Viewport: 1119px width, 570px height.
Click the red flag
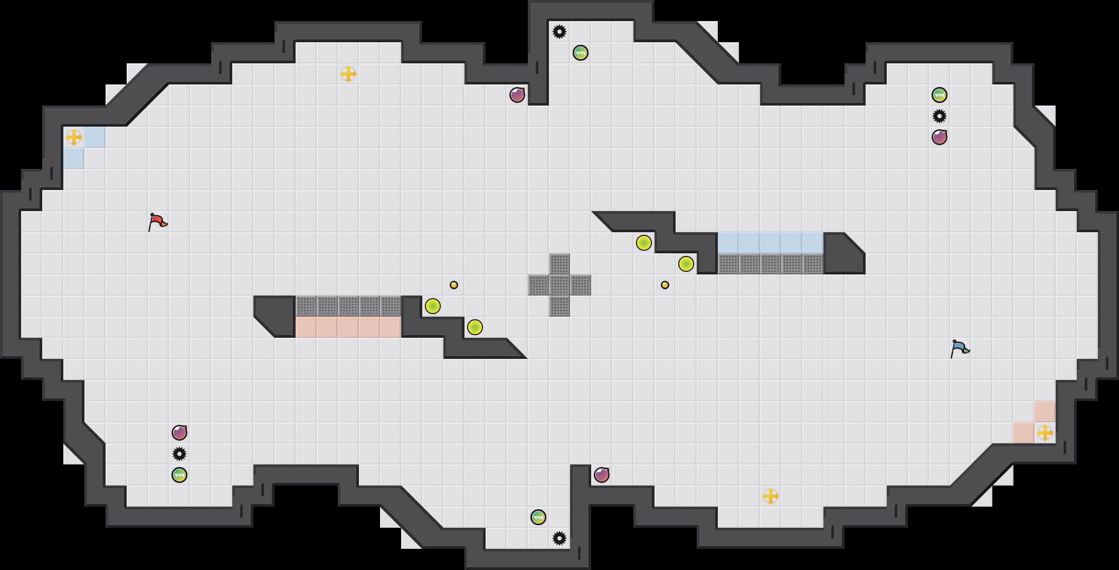[157, 222]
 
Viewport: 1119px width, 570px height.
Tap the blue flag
[960, 348]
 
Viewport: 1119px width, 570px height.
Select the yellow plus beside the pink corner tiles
[1045, 433]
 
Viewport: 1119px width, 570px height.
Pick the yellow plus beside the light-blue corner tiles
[74, 137]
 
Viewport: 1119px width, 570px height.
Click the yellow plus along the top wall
[348, 74]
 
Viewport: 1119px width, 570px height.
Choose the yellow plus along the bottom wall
[771, 496]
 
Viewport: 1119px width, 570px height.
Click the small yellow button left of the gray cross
[454, 285]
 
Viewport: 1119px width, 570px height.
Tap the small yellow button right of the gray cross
[665, 285]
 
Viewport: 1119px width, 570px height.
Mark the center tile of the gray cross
[559, 285]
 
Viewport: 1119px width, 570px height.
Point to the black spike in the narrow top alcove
[559, 32]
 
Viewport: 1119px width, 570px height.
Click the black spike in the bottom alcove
[559, 538]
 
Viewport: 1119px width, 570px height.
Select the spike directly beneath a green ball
[940, 116]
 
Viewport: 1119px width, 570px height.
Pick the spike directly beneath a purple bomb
[179, 454]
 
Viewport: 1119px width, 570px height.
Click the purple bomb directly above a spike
[179, 433]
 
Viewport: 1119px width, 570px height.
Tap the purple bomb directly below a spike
[940, 137]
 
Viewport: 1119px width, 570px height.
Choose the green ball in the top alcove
[581, 53]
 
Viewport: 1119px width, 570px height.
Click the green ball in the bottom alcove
[538, 517]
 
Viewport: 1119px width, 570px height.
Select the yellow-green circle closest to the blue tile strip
[686, 264]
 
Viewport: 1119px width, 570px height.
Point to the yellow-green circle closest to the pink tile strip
[433, 306]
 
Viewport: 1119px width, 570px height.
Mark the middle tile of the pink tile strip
[348, 327]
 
